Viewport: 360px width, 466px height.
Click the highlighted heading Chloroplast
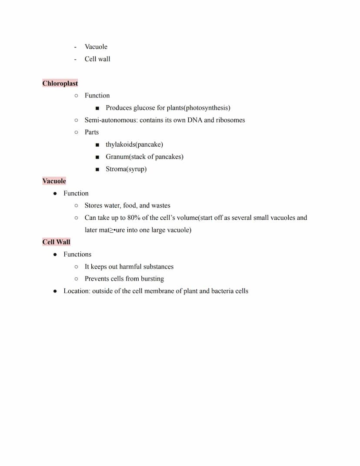tap(60, 83)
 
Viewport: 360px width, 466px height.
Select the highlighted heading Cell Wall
tap(56, 242)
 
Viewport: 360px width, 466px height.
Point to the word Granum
tap(117, 157)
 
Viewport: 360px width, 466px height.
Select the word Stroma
tap(116, 169)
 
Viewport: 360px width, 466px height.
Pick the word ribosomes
tap(230, 120)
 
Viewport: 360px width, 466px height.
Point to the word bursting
tap(152, 278)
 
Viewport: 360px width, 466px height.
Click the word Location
tap(77, 291)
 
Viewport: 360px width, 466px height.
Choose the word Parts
tap(92, 132)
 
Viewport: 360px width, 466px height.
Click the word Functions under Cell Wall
tap(77, 254)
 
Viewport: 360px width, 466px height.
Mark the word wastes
tap(161, 205)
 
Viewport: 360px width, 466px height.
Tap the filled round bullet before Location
tap(55, 291)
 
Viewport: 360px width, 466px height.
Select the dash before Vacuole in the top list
tap(76, 47)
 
